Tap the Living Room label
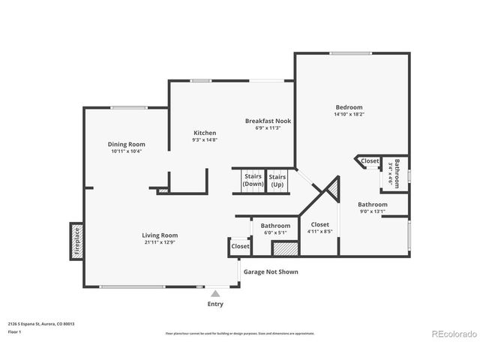click(x=160, y=235)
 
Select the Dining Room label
click(x=126, y=144)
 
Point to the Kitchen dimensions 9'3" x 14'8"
click(x=204, y=139)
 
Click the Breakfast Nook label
click(x=268, y=120)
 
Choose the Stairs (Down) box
click(x=253, y=180)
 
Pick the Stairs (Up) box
click(x=277, y=180)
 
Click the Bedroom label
click(x=349, y=107)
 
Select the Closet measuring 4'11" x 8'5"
click(x=320, y=228)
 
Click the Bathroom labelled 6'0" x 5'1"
click(x=275, y=229)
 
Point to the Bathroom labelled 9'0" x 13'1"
click(x=372, y=207)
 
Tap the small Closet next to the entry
click(x=240, y=246)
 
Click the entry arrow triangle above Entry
click(x=215, y=293)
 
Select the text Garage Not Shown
click(x=268, y=271)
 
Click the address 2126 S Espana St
click(x=41, y=324)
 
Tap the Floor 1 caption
click(x=15, y=331)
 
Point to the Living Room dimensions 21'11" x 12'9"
click(x=160, y=242)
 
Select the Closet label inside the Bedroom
click(x=370, y=160)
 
